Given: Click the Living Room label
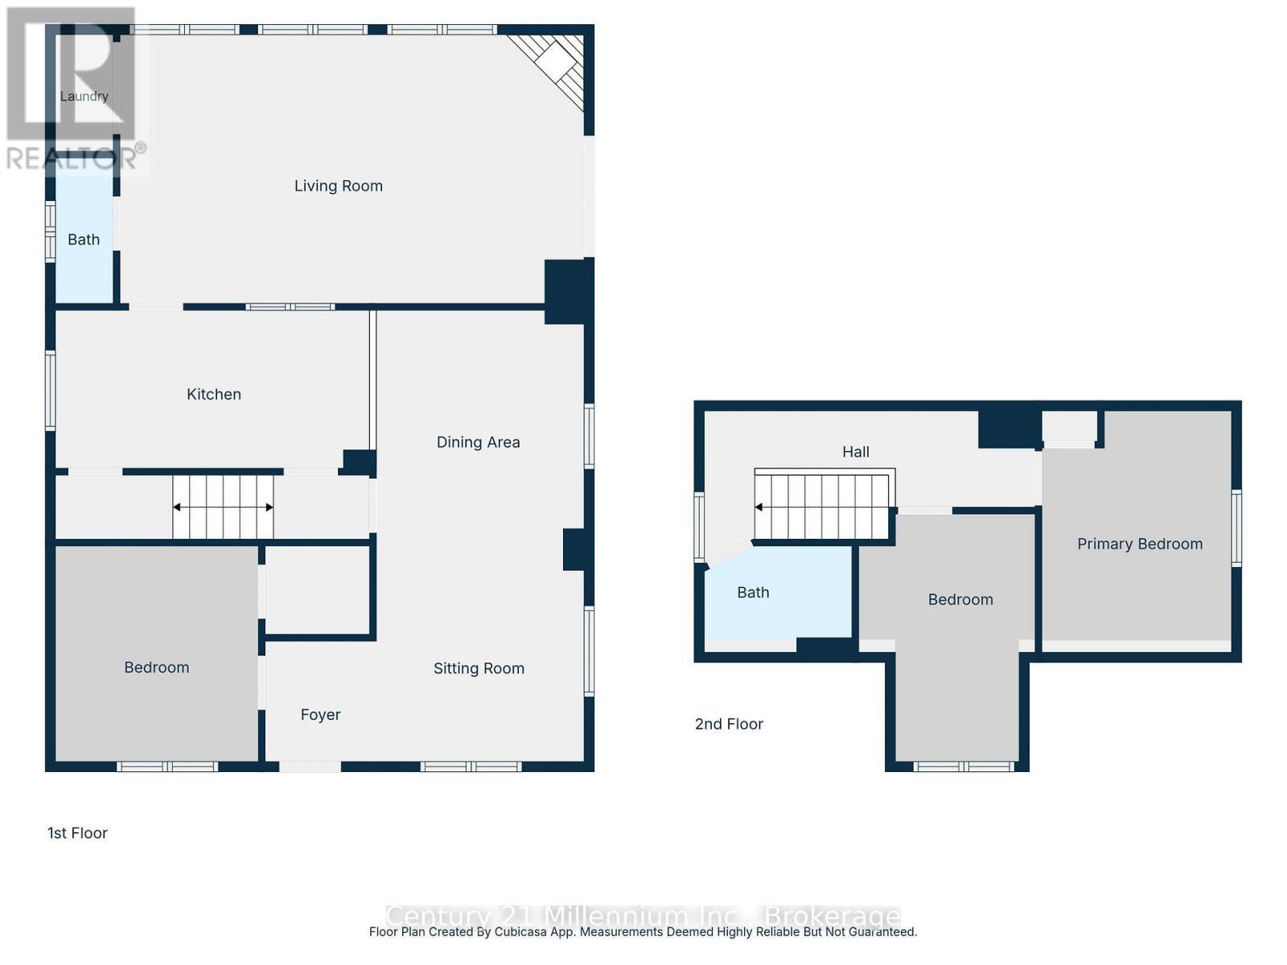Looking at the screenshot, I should coord(338,186).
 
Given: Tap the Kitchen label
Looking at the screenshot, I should coord(213,394).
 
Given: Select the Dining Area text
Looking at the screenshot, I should coord(478,442).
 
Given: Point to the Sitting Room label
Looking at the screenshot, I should coord(479,668).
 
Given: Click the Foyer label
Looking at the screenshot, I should coord(320,715).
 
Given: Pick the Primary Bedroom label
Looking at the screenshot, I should coord(1140,544).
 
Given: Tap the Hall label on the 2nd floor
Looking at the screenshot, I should coord(855,452).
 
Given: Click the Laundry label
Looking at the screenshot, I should coord(84,96).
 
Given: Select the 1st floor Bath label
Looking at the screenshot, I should coord(84,240).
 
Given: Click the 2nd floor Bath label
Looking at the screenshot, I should coord(753,593).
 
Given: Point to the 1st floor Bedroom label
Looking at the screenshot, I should coord(156,667).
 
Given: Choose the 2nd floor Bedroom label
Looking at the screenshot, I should coord(960,600).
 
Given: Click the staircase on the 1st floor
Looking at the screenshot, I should coord(223,507).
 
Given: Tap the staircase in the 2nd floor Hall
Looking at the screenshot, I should coord(822,507).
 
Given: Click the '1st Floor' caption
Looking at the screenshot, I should coord(77,833).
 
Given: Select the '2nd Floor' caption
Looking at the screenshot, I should coord(729,724).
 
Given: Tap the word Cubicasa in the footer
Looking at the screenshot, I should coord(544,932).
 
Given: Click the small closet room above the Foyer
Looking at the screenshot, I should coord(318,591).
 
